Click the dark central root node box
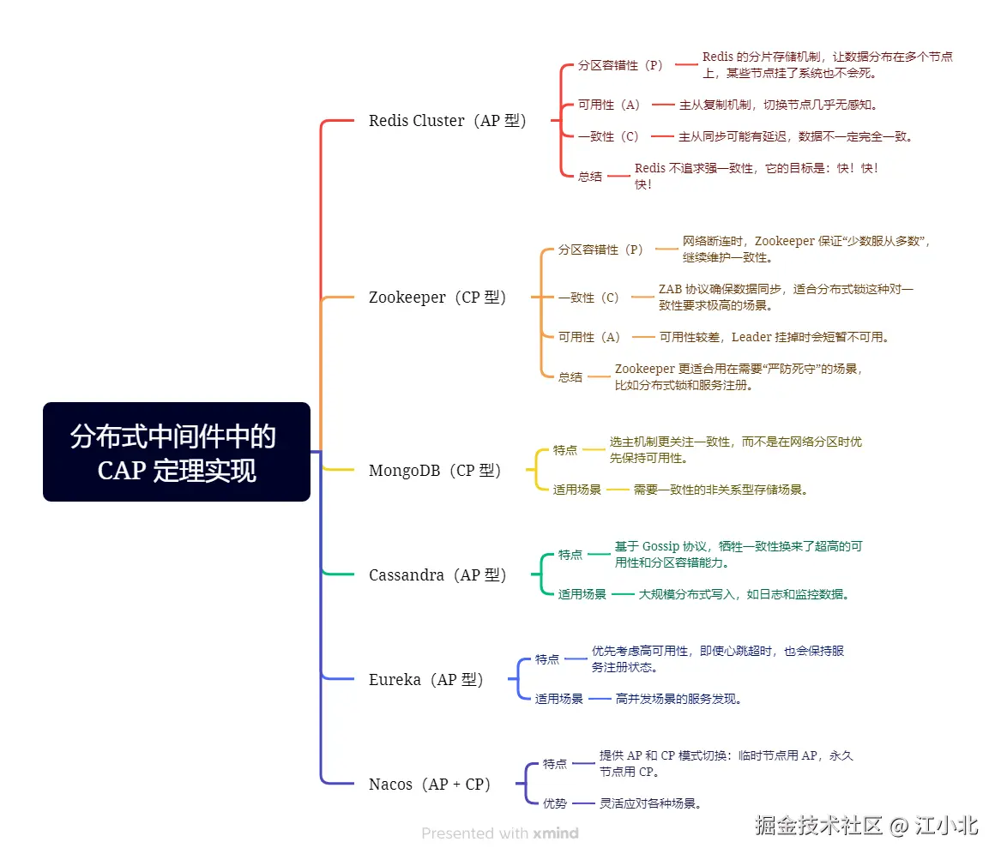tap(176, 452)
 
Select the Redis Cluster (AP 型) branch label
tap(447, 121)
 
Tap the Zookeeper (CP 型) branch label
tap(437, 298)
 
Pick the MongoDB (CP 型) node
tap(435, 471)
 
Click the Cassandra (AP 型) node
tap(437, 575)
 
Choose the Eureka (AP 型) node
tap(426, 680)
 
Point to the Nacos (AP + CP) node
tap(430, 785)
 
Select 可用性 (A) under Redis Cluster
tap(609, 105)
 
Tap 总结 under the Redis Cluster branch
tap(589, 177)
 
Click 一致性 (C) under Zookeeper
tap(588, 298)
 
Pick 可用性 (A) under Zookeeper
tap(589, 337)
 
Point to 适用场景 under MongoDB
tap(577, 490)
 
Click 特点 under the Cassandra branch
tap(570, 555)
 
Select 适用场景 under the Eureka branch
tap(559, 699)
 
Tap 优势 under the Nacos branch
tap(555, 803)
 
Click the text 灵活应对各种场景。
tap(651, 803)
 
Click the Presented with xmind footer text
tap(500, 833)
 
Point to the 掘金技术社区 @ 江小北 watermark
tap(866, 826)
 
